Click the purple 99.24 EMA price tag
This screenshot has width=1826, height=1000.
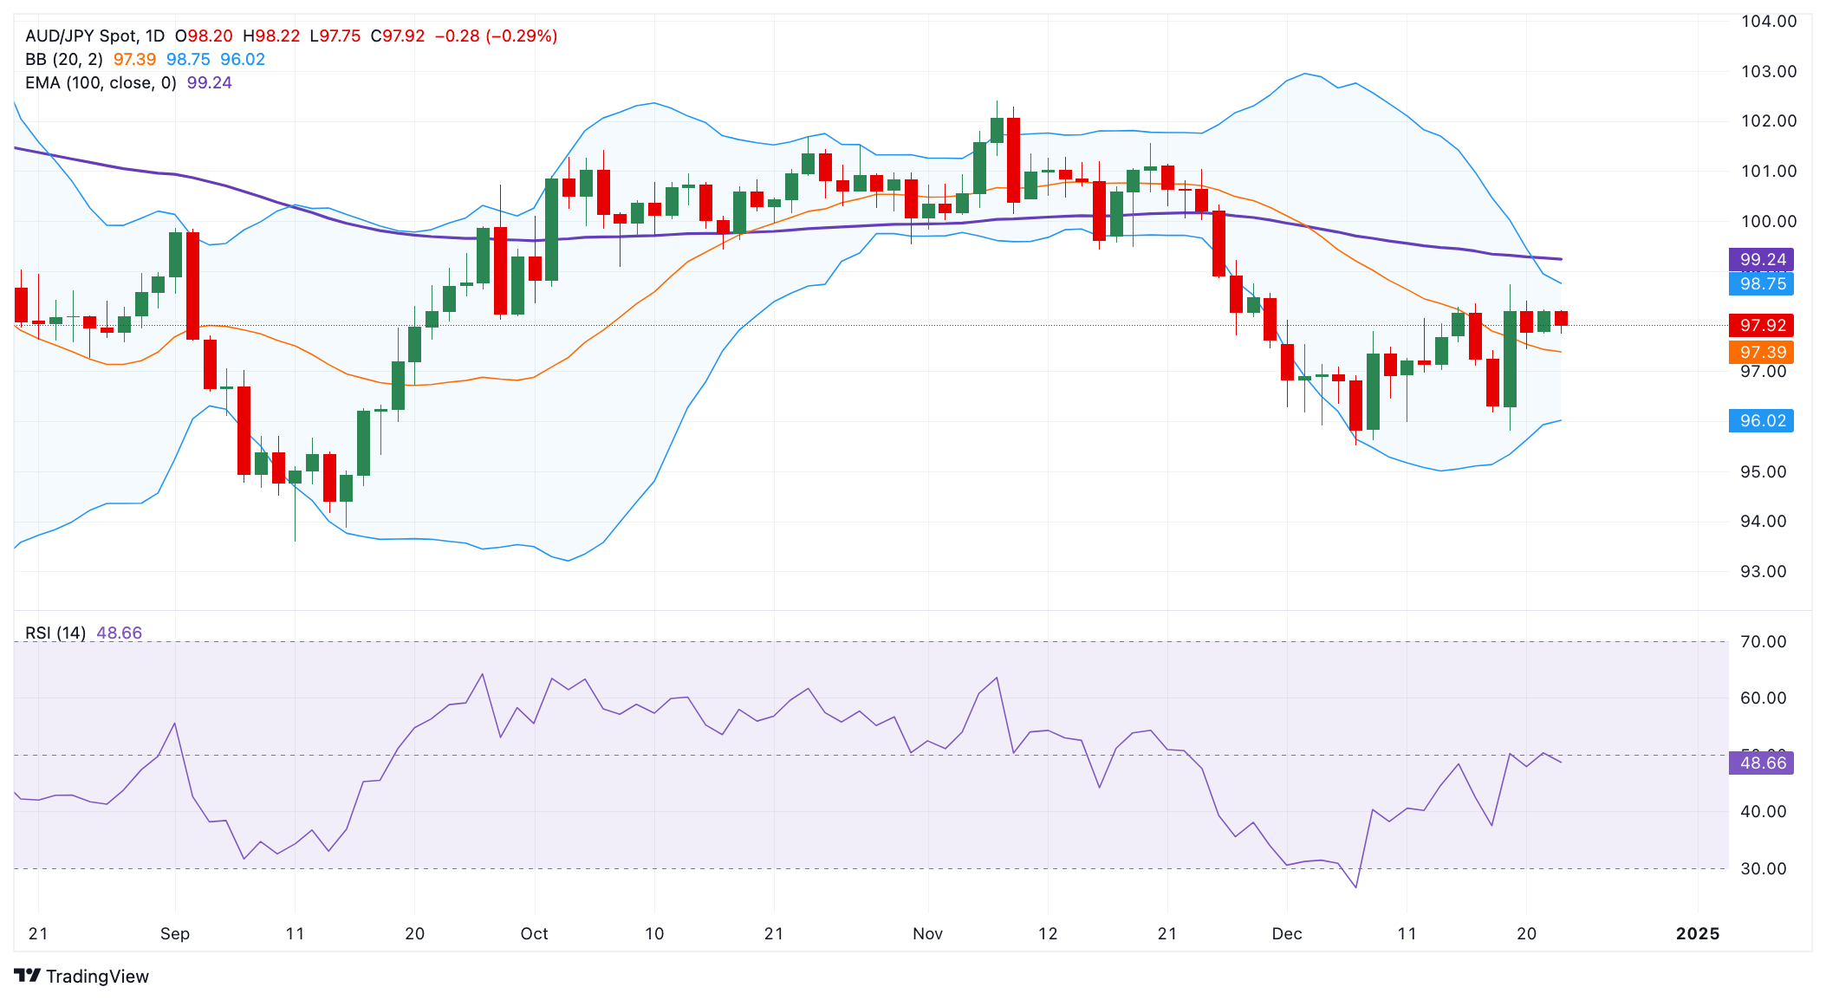[1761, 259]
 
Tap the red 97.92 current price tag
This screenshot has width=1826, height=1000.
[1761, 325]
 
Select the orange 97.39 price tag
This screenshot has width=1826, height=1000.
[1761, 352]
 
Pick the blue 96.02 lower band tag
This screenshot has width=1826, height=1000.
[1761, 420]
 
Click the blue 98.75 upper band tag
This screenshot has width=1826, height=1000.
[1761, 283]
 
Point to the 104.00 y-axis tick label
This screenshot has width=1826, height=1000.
[1769, 21]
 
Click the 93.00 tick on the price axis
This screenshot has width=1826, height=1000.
[1764, 571]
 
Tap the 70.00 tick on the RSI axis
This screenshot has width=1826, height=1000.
[1764, 641]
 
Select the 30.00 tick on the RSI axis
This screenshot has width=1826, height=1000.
[1764, 868]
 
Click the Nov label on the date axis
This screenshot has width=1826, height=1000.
[927, 933]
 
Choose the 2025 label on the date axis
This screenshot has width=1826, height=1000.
[1697, 933]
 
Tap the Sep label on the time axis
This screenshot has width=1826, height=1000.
[175, 933]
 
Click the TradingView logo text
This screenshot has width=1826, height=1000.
[96, 977]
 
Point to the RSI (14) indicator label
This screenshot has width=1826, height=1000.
[55, 633]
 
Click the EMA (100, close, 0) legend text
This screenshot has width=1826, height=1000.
[101, 82]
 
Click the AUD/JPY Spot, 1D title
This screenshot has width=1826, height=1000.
[94, 36]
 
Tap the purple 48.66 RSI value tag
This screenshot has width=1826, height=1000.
[1761, 763]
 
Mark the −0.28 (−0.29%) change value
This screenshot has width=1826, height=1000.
[496, 36]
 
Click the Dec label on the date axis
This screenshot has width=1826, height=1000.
[1286, 933]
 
